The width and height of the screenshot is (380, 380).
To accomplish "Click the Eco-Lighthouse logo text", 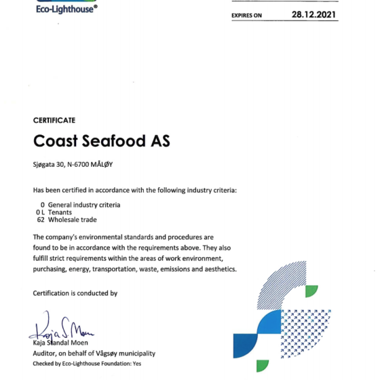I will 66,8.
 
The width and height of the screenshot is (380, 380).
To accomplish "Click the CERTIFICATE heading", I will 54,120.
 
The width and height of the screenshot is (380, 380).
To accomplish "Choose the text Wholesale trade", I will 73,220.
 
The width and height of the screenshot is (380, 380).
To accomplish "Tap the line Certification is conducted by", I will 75,293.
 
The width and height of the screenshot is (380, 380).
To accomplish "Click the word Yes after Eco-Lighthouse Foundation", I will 137,364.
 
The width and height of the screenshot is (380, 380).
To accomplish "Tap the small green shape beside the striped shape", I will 311,291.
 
